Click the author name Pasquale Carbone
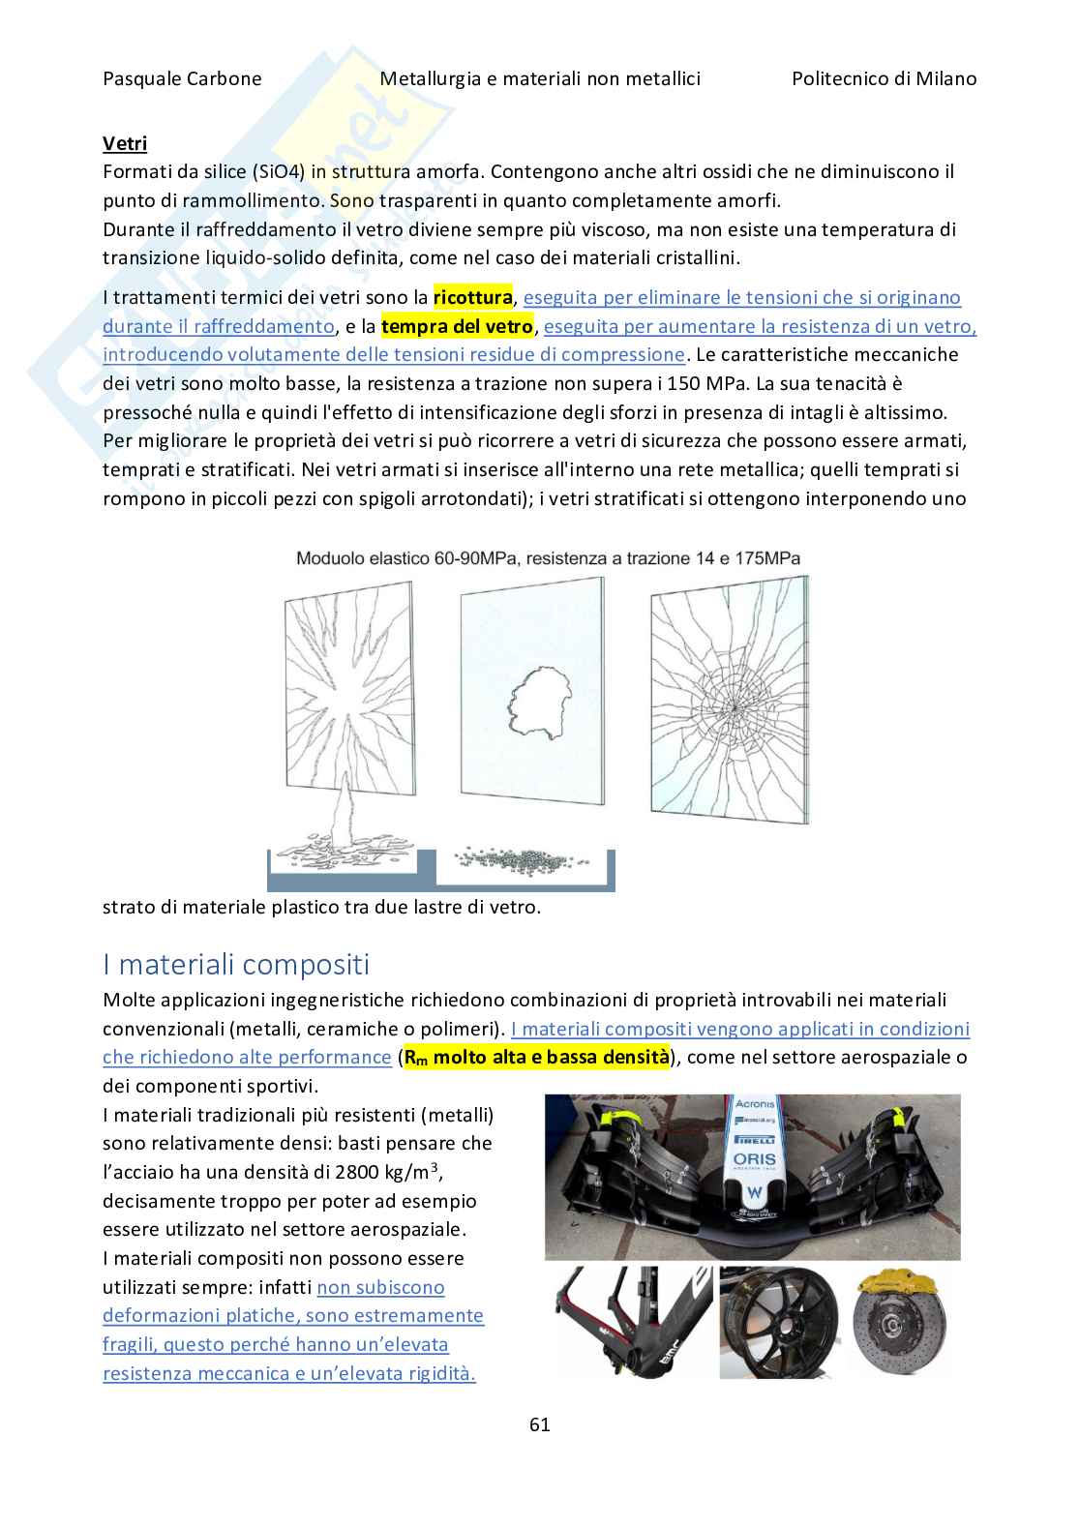[182, 78]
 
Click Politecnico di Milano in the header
[884, 78]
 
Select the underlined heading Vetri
[125, 143]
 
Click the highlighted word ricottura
[472, 297]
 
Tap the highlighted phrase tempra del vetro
[457, 326]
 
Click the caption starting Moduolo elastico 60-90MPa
[548, 558]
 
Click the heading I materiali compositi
[236, 964]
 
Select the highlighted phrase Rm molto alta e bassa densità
[535, 1057]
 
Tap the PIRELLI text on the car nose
[755, 1139]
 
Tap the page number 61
[540, 1423]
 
